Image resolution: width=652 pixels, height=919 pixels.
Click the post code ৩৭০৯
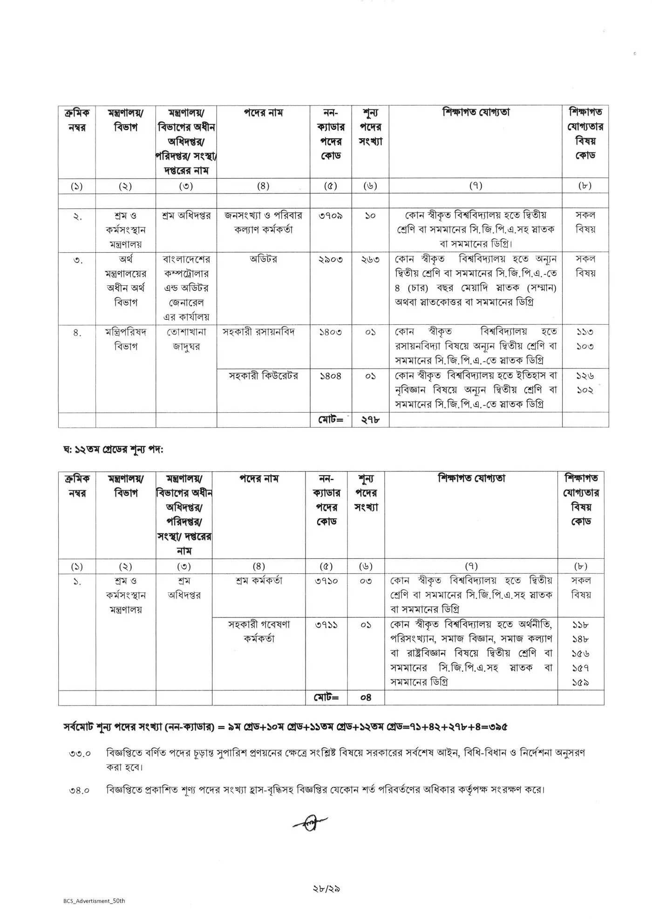tap(331, 216)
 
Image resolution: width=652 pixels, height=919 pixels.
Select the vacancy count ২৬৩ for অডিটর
tap(370, 260)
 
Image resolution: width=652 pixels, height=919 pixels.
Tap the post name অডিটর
tap(263, 260)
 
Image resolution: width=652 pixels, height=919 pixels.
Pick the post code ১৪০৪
tap(331, 376)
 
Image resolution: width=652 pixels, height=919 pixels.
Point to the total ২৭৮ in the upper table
tap(371, 420)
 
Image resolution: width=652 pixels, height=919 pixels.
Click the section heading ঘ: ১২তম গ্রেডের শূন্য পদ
tap(113, 450)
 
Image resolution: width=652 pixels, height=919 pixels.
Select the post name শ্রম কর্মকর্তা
tap(259, 581)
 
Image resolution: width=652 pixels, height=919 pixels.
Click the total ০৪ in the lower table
tap(366, 697)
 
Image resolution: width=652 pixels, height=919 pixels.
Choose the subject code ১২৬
tap(585, 376)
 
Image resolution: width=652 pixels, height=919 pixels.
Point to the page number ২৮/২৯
tap(326, 888)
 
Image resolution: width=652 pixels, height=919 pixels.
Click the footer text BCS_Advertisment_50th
tap(94, 901)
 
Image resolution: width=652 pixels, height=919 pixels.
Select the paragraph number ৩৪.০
tap(80, 790)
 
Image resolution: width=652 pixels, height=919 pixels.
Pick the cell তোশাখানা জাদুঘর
tap(186, 339)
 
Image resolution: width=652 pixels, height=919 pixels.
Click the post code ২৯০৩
tap(331, 260)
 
